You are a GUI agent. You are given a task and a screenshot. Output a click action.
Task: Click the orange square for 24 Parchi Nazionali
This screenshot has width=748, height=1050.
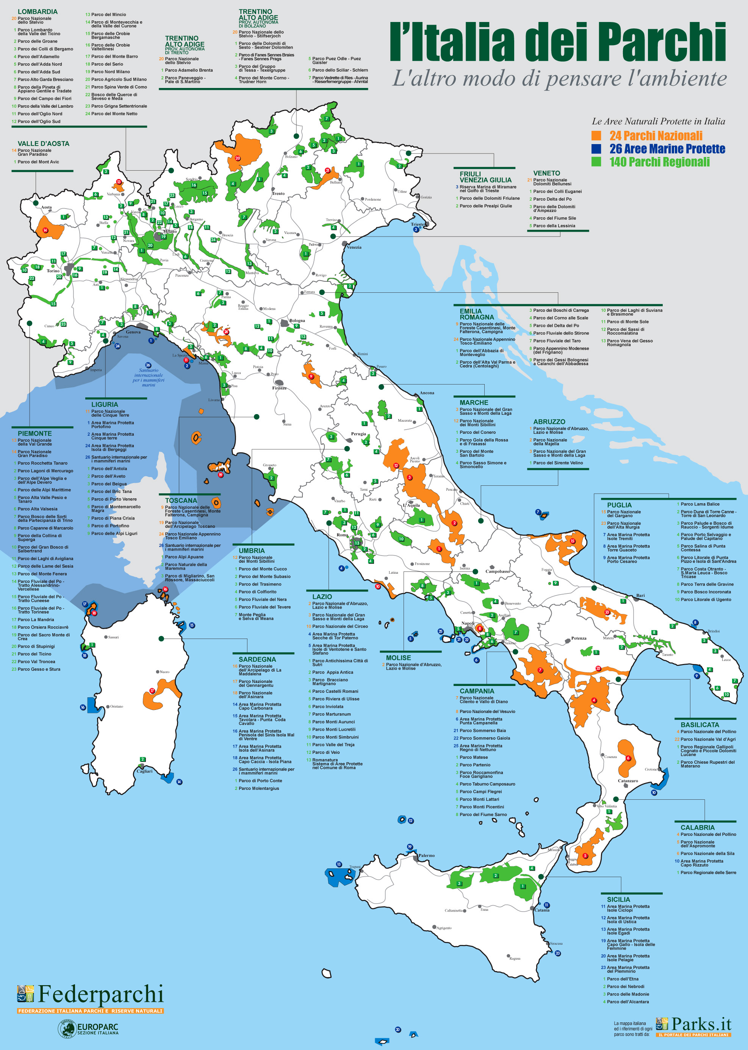click(x=596, y=135)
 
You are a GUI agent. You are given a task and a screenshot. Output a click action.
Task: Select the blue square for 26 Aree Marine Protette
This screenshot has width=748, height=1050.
click(x=596, y=148)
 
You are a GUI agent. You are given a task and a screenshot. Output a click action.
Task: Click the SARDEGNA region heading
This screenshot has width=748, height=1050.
click(x=257, y=659)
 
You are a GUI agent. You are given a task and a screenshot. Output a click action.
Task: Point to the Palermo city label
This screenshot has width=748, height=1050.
click(x=427, y=855)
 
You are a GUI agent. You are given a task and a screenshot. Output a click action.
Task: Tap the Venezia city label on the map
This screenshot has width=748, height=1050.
click(x=354, y=247)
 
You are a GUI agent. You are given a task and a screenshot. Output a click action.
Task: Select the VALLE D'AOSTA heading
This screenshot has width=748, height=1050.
click(x=43, y=143)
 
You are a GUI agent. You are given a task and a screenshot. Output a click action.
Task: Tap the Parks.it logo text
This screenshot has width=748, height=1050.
click(x=701, y=1024)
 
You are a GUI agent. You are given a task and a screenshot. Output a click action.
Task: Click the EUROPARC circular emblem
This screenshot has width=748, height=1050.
click(x=67, y=1029)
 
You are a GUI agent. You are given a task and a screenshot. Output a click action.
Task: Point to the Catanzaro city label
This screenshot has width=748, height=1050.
click(x=628, y=780)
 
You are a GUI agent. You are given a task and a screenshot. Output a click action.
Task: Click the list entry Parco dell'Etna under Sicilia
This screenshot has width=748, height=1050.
click(x=622, y=979)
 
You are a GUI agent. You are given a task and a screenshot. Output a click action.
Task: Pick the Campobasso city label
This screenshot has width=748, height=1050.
click(x=498, y=571)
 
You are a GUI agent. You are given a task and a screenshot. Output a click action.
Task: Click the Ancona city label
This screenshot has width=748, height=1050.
click(x=427, y=393)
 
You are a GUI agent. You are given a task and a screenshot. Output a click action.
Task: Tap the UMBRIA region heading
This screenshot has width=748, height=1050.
click(x=252, y=550)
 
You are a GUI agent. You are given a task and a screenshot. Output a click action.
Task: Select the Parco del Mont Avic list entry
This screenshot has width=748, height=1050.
click(x=38, y=162)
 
